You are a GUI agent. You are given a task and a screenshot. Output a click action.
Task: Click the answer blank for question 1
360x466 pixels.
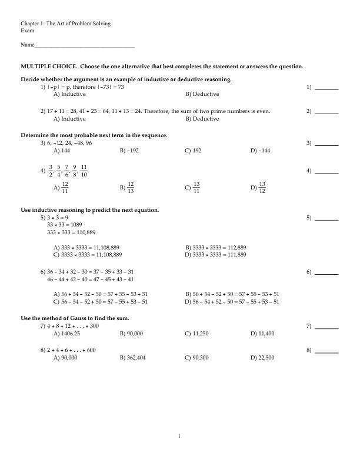point(327,88)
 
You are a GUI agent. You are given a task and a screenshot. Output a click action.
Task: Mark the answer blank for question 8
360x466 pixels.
point(327,352)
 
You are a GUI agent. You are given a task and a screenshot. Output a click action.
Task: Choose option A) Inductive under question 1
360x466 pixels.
point(69,94)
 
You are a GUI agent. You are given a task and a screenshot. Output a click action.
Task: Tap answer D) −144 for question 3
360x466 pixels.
point(260,151)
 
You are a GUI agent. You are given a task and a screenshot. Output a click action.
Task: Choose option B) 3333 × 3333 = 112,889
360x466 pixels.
point(215,248)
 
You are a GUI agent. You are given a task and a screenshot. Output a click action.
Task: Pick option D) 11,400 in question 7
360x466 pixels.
point(262,334)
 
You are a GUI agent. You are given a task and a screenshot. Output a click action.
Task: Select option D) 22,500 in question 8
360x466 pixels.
point(262,358)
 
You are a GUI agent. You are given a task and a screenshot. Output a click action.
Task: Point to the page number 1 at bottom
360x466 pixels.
point(179,436)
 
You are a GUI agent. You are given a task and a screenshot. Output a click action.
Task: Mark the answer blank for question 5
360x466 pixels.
point(327,218)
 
